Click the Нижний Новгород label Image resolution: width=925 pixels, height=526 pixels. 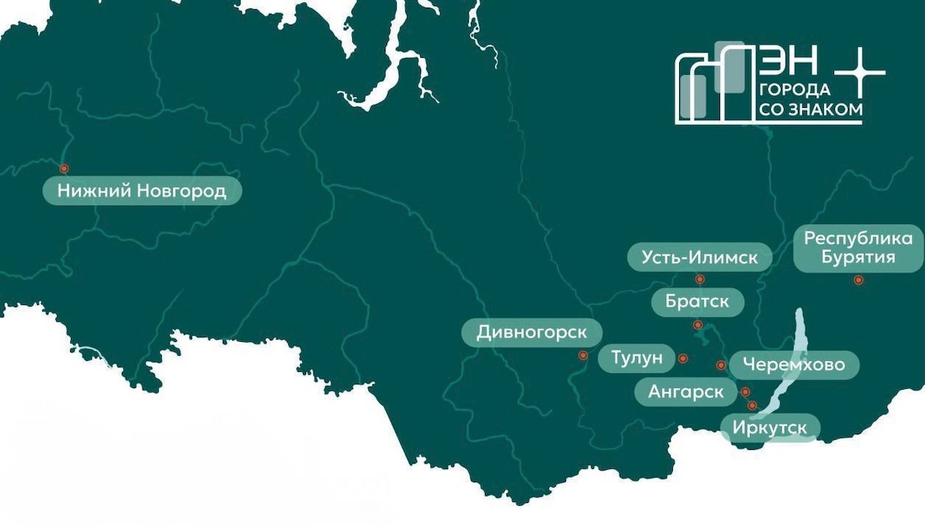tap(141, 191)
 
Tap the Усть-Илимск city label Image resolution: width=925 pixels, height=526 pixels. tap(699, 257)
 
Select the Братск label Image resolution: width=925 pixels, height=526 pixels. tap(696, 300)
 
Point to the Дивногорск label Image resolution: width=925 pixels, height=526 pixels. tap(532, 333)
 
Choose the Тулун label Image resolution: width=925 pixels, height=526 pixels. tap(636, 358)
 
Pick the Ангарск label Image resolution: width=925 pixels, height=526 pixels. tap(685, 392)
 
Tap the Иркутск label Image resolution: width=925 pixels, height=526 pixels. tap(769, 427)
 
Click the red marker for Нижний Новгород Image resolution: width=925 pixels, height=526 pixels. tap(64, 169)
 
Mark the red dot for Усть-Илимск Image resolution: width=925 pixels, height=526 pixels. tap(700, 280)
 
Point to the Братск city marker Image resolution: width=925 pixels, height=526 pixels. tap(697, 324)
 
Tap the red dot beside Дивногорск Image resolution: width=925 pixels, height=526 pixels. tap(583, 356)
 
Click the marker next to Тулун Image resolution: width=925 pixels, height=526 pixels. tap(682, 358)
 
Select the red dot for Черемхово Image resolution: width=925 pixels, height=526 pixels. tap(721, 365)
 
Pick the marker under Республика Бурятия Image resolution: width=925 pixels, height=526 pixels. tap(857, 280)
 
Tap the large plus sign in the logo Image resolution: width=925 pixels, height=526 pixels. tap(860, 73)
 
